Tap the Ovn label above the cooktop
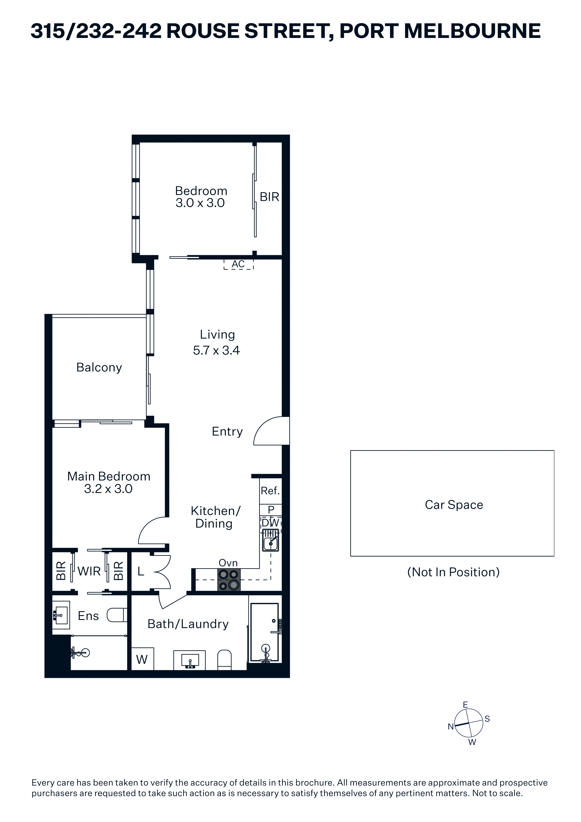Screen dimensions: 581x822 pos(228,563)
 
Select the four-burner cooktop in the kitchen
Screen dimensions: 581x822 pos(229,580)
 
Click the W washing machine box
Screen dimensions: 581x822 pos(142,659)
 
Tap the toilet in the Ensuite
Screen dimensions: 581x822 pos(117,615)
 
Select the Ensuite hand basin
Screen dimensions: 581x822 pos(61,615)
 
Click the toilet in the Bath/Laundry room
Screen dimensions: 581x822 pos(224,660)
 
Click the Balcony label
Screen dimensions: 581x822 pos(99,367)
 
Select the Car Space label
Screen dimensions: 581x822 pos(454,505)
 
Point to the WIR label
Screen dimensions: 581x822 pos(89,571)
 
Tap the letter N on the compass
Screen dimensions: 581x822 pos(451,726)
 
